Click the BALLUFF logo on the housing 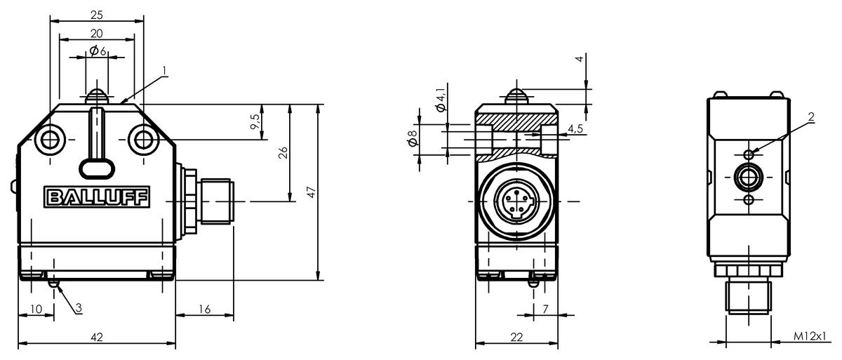coord(97,197)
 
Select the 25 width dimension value coord(97,15)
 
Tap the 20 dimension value coord(97,34)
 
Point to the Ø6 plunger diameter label coord(98,51)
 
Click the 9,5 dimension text coord(255,122)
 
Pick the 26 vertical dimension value coord(283,152)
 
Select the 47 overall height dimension coord(311,192)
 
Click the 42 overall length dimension coord(97,337)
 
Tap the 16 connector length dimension coord(204,309)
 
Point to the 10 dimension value coord(36,309)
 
